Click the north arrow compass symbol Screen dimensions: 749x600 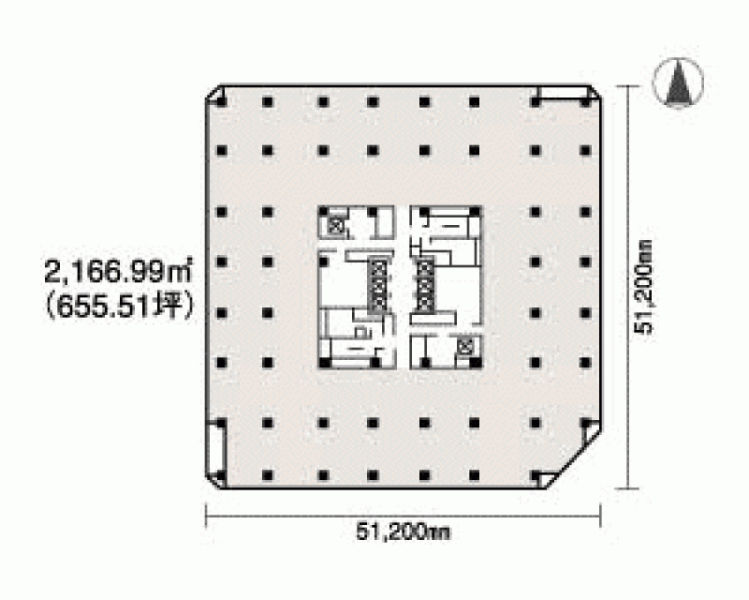coord(677,82)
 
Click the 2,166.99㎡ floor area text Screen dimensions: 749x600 coord(118,272)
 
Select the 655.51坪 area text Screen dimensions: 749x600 coord(120,307)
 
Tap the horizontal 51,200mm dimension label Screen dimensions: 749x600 coord(404,532)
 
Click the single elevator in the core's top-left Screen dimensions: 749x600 coord(335,226)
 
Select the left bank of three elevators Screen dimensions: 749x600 coord(378,287)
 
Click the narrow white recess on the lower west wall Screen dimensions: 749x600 coord(216,450)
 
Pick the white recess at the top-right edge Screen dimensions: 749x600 coord(562,93)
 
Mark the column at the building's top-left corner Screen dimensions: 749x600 coord(221,102)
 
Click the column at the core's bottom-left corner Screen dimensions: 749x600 coord(324,363)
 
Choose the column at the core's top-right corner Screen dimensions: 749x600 coord(475,212)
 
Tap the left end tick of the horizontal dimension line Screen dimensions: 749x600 coord(206,516)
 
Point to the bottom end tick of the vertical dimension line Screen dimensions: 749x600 coord(627,489)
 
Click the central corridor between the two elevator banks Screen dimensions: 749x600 coord(403,287)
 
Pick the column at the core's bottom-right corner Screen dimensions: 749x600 coord(475,363)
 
